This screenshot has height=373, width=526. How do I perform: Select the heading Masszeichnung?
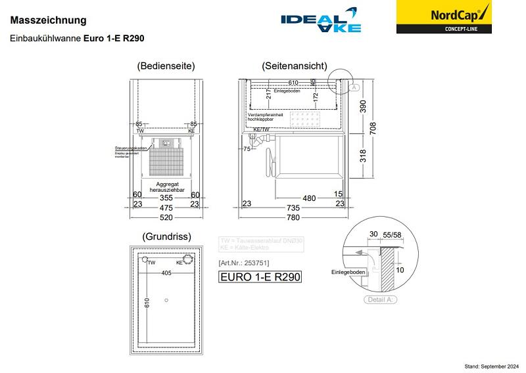click(x=48, y=21)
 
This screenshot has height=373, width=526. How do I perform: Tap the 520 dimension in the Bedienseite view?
click(x=166, y=217)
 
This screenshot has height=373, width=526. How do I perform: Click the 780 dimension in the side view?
click(x=293, y=217)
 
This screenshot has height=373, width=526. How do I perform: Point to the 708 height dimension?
click(x=373, y=129)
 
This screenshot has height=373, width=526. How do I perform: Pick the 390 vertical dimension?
click(x=362, y=106)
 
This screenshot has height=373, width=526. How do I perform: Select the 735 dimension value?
click(x=293, y=208)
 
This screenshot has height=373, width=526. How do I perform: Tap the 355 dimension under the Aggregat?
click(x=166, y=197)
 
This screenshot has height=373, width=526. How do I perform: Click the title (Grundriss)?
click(x=166, y=236)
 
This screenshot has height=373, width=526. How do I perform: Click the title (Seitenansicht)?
click(x=294, y=66)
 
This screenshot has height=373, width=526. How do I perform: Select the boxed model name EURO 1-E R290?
click(x=260, y=276)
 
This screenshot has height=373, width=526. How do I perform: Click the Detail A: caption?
click(x=381, y=299)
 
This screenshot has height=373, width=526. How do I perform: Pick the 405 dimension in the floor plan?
click(x=167, y=273)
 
